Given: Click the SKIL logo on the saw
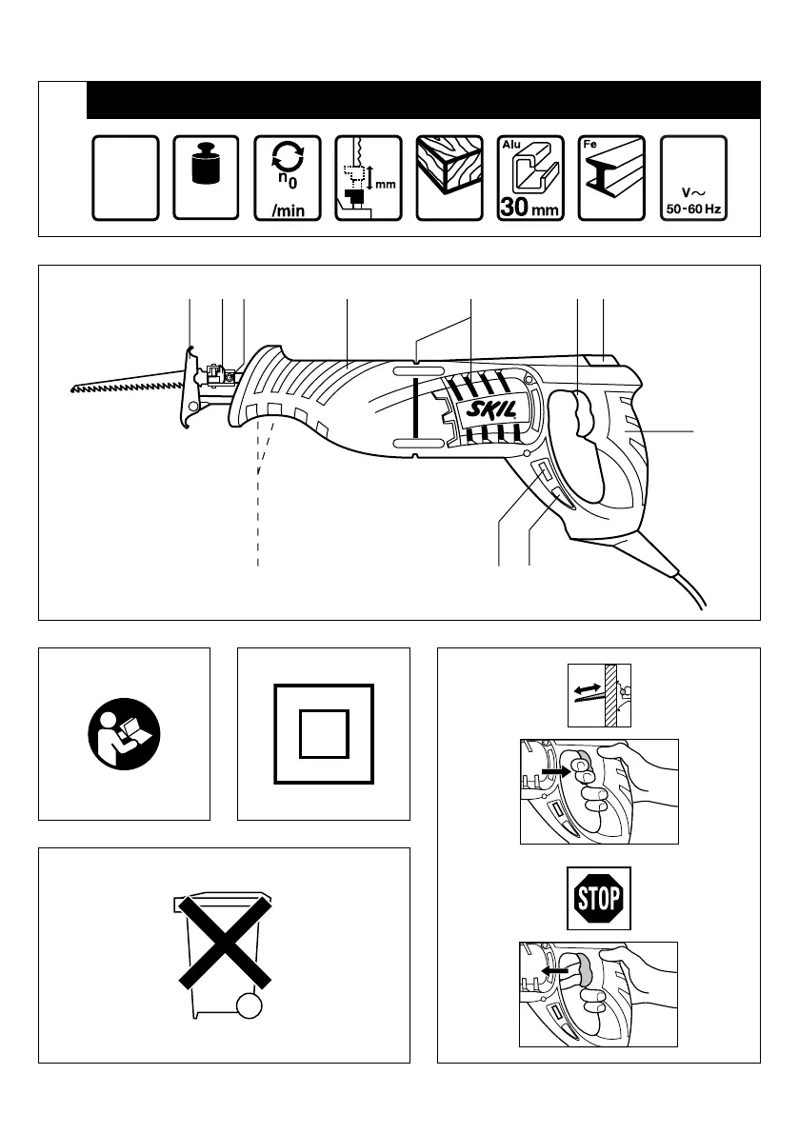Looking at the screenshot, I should [x=491, y=410].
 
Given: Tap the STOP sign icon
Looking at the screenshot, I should [x=599, y=897].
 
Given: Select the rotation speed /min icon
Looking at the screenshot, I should [x=288, y=177].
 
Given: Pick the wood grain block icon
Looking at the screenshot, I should [x=449, y=177].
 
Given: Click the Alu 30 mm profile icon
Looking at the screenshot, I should [x=530, y=177].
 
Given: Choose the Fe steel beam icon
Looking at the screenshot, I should [x=611, y=177].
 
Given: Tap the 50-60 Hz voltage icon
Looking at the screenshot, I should [x=693, y=177].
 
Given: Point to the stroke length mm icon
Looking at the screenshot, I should [x=369, y=177].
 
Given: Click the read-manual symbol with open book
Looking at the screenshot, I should [x=124, y=734].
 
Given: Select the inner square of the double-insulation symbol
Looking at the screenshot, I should [x=323, y=734].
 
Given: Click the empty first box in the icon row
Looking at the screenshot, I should [x=125, y=177].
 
